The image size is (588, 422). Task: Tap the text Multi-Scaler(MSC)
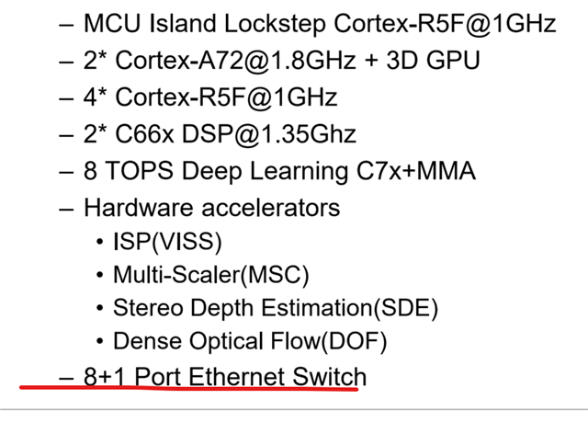coord(211,274)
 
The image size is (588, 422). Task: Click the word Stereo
coord(147,308)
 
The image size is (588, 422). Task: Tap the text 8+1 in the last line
coord(103,376)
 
